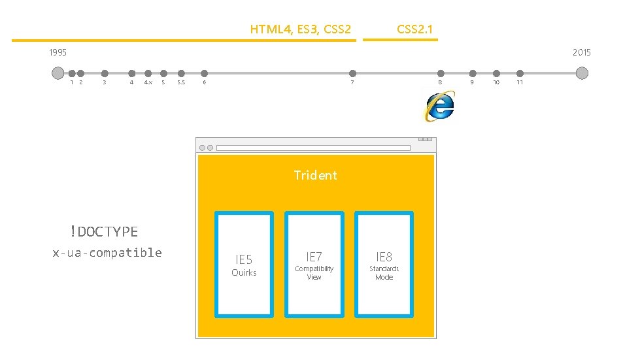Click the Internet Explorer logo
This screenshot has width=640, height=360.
[x=439, y=106]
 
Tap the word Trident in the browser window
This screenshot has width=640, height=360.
[x=315, y=175]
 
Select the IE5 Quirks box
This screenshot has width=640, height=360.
[x=244, y=264]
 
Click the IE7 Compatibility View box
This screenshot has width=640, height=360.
[x=314, y=264]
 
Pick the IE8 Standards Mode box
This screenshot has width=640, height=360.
[x=384, y=264]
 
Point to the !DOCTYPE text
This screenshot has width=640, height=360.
[x=105, y=231]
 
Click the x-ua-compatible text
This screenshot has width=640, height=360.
[x=107, y=253]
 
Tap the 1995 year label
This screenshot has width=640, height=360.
[x=58, y=52]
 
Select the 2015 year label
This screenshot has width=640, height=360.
[x=581, y=52]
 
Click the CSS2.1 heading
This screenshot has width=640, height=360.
[x=414, y=29]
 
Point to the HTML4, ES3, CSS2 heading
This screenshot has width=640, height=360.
[x=301, y=29]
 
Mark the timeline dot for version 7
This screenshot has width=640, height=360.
[x=352, y=73]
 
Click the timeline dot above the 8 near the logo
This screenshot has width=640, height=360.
[x=441, y=73]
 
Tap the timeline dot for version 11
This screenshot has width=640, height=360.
[x=520, y=73]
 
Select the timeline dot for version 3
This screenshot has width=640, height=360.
[x=104, y=73]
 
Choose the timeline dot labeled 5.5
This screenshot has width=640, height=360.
[x=181, y=73]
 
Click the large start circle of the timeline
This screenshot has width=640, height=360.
[x=58, y=73]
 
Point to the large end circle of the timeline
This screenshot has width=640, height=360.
[x=582, y=73]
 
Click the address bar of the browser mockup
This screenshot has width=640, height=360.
[x=313, y=148]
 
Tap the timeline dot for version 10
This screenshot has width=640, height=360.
[x=496, y=73]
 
